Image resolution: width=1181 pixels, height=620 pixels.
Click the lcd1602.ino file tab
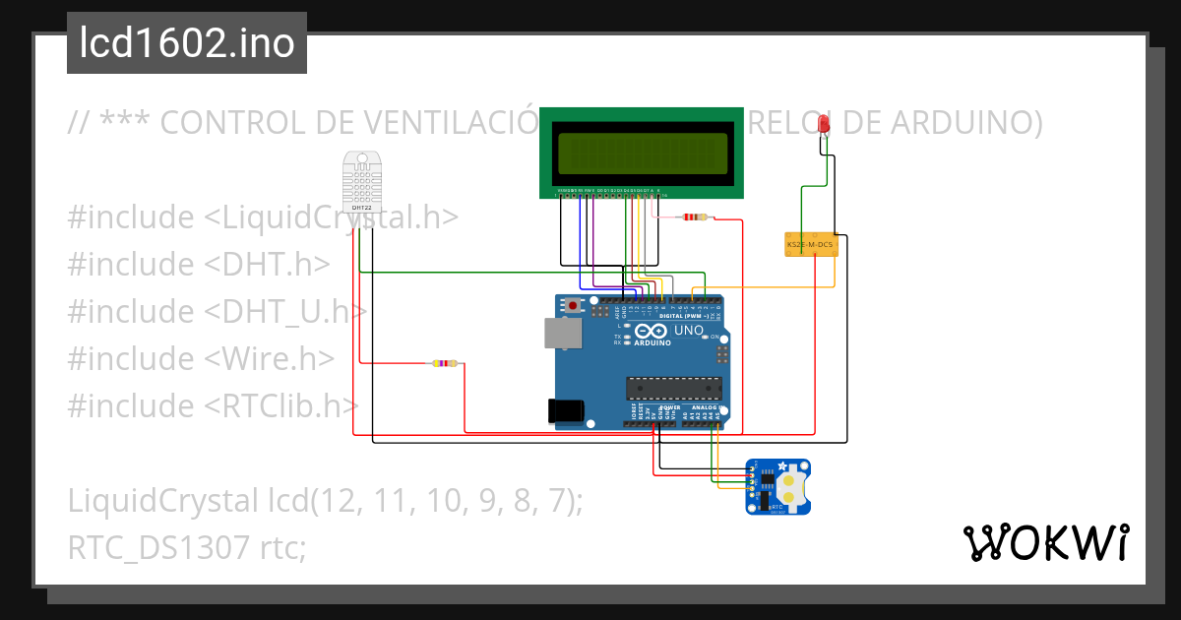click(x=186, y=43)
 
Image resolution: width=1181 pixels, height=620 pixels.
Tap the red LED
click(x=824, y=125)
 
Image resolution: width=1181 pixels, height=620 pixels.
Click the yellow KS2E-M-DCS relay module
click(x=811, y=243)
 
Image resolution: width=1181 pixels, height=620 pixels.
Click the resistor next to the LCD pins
click(x=696, y=217)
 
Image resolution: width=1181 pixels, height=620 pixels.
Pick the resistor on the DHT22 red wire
click(x=445, y=363)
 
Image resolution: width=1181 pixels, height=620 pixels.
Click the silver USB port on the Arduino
click(x=563, y=334)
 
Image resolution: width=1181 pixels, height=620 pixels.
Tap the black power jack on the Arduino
click(x=567, y=410)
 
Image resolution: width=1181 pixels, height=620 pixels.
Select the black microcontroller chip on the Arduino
click(x=674, y=390)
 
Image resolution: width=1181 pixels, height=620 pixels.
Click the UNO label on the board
click(x=689, y=331)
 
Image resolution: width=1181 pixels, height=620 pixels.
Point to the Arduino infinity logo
click(x=652, y=332)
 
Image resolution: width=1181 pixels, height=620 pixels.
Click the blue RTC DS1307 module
click(x=778, y=486)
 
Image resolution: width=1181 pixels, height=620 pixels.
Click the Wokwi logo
click(x=1045, y=542)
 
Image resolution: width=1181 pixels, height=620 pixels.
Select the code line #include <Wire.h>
click(x=201, y=359)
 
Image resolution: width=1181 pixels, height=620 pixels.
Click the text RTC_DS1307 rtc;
click(x=187, y=548)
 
